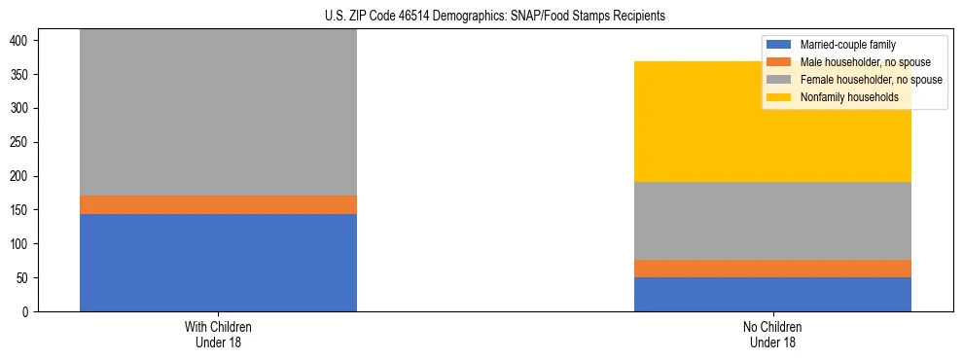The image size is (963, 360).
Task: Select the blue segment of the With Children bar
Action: (218, 263)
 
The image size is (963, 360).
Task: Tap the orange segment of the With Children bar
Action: (218, 204)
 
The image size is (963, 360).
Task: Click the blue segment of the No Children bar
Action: (772, 294)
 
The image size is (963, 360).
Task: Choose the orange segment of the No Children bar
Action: (772, 269)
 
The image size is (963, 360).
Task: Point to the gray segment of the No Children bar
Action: (772, 221)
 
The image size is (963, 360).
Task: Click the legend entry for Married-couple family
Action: (846, 45)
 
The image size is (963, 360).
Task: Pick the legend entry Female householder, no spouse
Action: (866, 80)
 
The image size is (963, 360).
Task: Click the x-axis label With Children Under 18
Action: (218, 334)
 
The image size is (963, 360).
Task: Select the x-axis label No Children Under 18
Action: (772, 334)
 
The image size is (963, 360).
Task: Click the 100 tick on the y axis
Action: (21, 244)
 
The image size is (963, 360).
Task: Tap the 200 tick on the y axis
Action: (21, 176)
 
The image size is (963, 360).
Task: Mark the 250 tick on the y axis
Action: (21, 142)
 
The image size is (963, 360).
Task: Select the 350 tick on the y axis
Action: (21, 74)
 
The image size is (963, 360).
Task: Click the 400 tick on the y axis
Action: (21, 40)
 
